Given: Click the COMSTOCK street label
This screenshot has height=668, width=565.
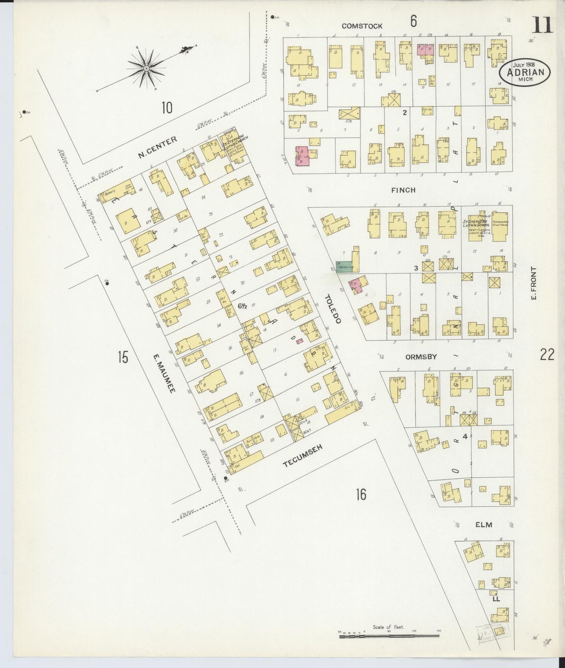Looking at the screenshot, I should point(362,26).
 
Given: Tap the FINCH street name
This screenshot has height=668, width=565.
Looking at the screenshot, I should point(403,190).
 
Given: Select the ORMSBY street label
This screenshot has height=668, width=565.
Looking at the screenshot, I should point(421,357).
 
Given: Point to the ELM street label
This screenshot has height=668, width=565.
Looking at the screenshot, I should point(483,525).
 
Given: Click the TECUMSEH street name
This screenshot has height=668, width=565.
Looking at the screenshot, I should point(303,457).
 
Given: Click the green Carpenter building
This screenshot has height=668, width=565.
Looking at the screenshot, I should point(345,267).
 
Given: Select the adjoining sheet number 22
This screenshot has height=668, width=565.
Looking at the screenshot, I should point(547,355).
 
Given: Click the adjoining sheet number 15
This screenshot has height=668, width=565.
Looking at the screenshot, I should point(123,357).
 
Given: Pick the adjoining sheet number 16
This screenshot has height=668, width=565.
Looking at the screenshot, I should point(361,495).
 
